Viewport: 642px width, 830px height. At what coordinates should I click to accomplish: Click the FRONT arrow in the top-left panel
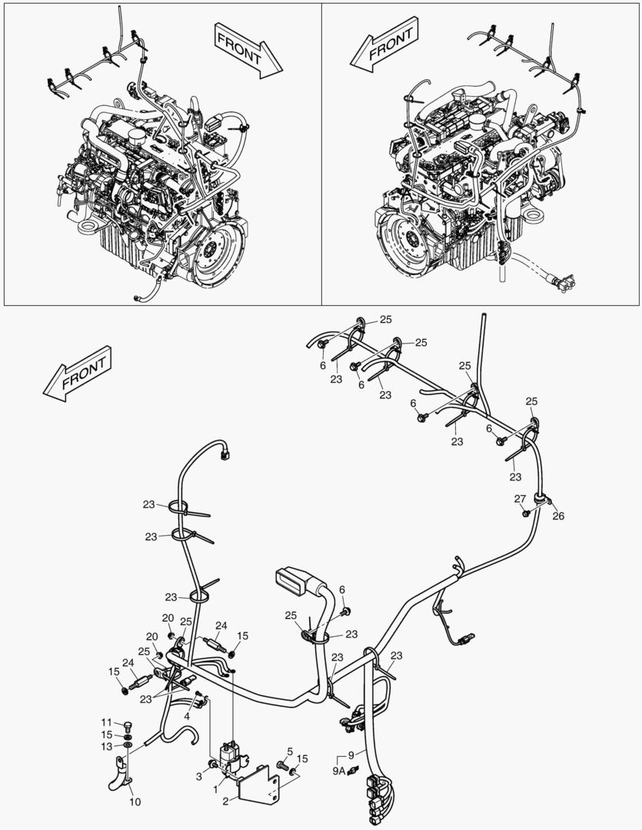tap(248, 50)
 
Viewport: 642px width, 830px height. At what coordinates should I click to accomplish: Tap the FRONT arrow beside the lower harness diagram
tap(78, 373)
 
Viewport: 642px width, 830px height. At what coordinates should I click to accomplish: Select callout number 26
tap(558, 516)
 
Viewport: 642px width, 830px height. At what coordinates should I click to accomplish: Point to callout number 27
tap(521, 499)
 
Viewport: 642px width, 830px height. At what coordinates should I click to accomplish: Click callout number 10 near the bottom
tap(135, 802)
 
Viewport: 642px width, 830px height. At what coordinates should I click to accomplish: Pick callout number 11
tap(106, 722)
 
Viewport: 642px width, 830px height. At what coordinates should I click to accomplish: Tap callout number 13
tap(106, 746)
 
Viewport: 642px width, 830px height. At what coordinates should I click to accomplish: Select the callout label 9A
tap(339, 772)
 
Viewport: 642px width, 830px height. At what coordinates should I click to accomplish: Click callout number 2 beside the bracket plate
tap(225, 802)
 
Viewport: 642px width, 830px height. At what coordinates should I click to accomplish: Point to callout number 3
tap(199, 776)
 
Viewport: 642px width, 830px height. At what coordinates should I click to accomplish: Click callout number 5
tap(290, 751)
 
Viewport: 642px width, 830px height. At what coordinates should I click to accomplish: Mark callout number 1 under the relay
tap(215, 790)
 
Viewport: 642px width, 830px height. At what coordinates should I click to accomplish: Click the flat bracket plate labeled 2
tap(260, 787)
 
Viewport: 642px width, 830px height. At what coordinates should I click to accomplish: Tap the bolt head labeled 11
tap(127, 725)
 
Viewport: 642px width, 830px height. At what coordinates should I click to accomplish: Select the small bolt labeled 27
tap(525, 513)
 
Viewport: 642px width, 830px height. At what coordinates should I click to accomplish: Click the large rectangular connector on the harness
tap(292, 581)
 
